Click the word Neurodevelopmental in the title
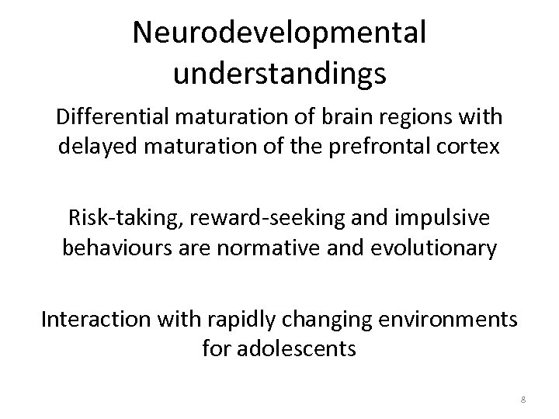279,33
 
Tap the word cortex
471,147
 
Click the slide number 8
523,399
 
